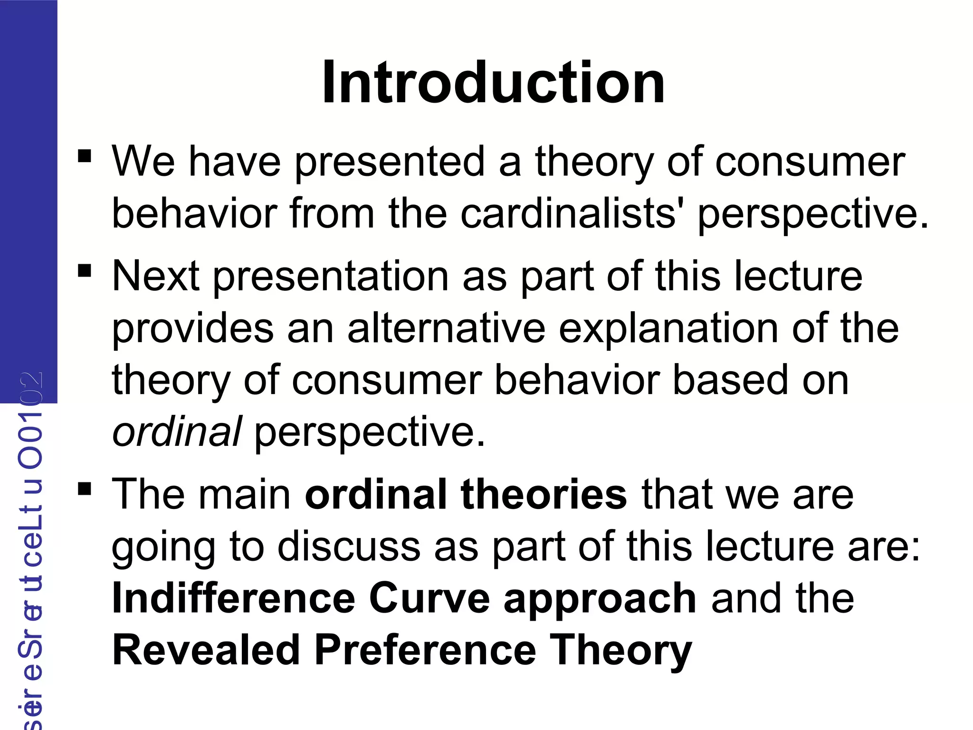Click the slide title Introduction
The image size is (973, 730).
(493, 83)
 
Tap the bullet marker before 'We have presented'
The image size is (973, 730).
(85, 156)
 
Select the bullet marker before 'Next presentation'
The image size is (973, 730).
(85, 270)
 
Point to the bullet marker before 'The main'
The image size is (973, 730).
(85, 489)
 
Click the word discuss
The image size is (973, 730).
(349, 547)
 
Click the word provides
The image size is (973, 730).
(192, 329)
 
